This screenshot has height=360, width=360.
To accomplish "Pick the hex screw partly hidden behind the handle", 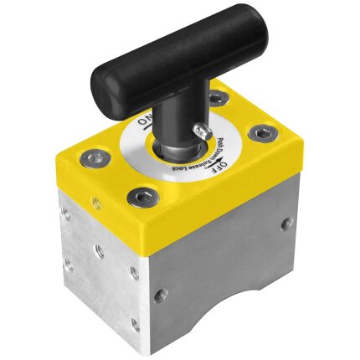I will tap(217, 98).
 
